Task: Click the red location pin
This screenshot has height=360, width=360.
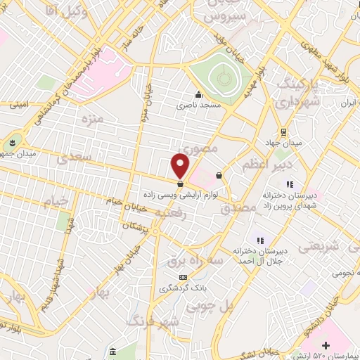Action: (x=180, y=166)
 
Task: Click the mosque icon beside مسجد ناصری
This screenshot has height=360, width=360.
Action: (x=198, y=95)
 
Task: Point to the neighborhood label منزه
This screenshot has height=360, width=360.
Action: (x=91, y=117)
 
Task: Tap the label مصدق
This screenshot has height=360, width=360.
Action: (x=235, y=210)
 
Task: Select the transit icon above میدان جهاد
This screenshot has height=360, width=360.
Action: (x=283, y=131)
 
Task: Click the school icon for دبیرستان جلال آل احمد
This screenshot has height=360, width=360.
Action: (x=259, y=241)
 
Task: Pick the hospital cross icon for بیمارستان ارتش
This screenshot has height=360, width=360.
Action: (x=326, y=345)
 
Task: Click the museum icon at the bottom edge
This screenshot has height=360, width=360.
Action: (x=113, y=351)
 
